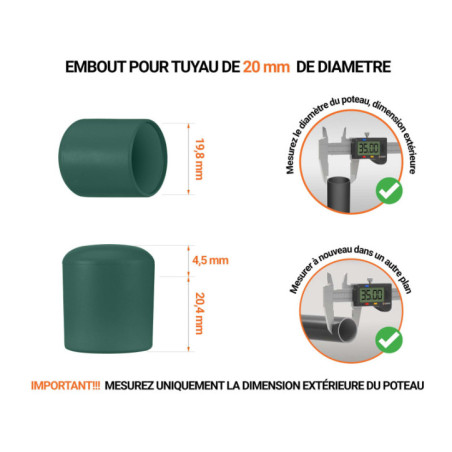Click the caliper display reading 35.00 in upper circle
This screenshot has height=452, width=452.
point(367,150)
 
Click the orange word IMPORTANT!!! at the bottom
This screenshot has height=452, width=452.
point(62,385)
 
